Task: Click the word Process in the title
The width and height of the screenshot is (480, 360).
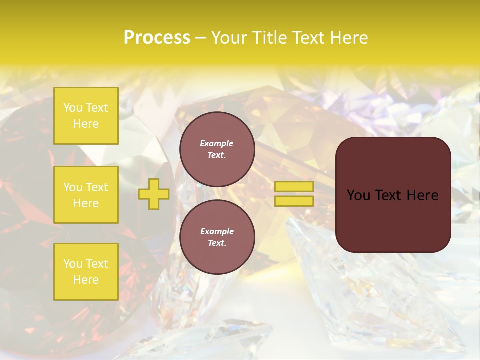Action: coord(157,38)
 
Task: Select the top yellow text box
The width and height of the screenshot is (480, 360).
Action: coord(86,116)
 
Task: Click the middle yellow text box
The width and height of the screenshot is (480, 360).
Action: coord(86,195)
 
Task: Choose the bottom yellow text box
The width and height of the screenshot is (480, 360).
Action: coord(86,272)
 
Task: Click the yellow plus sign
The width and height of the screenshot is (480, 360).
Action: coord(154,194)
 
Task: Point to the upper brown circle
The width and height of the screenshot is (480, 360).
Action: coord(217,149)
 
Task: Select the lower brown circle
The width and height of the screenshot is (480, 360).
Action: coord(217,237)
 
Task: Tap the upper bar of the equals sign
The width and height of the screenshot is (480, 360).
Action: coord(294,186)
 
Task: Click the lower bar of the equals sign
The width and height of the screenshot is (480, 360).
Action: coord(294,201)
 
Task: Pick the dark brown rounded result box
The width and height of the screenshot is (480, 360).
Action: coord(393,194)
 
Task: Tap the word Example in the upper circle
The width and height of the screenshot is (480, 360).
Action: coord(217,143)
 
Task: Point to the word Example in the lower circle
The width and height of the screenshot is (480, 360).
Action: coord(217,231)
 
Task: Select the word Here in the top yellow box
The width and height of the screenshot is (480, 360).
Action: coord(86,124)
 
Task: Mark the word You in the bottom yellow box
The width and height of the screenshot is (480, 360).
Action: coord(73,264)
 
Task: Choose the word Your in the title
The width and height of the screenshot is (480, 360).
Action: coord(230,38)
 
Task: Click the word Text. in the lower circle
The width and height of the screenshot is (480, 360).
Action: coord(217,243)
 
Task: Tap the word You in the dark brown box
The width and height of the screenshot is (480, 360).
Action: coord(358,195)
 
